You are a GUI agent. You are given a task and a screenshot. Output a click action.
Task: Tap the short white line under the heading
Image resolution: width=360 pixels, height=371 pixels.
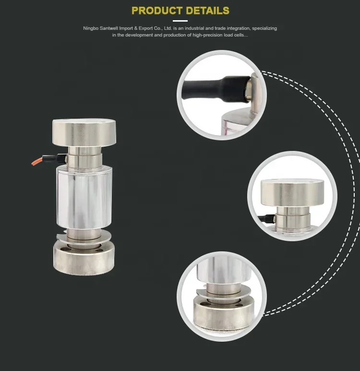tap(180, 21)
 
